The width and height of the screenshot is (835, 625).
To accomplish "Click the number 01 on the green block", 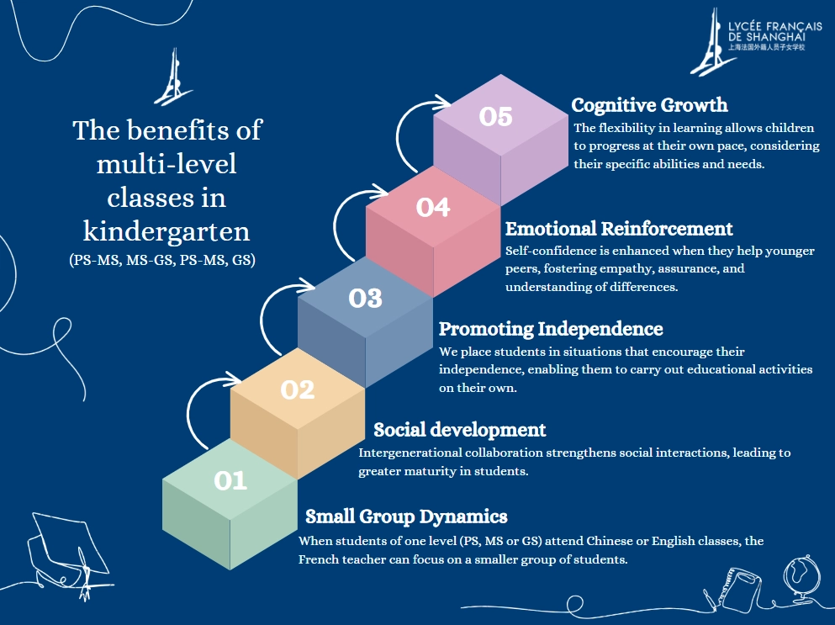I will pyautogui.click(x=230, y=480).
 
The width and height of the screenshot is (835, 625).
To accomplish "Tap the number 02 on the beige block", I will pyautogui.click(x=298, y=389).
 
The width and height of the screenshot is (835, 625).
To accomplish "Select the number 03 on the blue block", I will pyautogui.click(x=366, y=298).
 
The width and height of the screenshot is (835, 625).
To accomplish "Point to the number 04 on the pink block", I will pyautogui.click(x=433, y=207).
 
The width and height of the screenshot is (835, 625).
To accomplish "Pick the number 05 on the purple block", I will pyautogui.click(x=496, y=117).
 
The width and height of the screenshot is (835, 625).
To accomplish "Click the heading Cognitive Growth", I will pyautogui.click(x=649, y=105).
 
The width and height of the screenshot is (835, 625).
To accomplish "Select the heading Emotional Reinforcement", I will pyautogui.click(x=619, y=229).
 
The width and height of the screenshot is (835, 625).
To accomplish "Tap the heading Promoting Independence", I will pyautogui.click(x=551, y=329).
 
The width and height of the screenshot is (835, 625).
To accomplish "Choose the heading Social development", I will pyautogui.click(x=459, y=430).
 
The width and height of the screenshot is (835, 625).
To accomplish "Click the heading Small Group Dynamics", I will pyautogui.click(x=406, y=516).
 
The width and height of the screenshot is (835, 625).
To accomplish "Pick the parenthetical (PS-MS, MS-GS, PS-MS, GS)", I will pyautogui.click(x=162, y=260).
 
